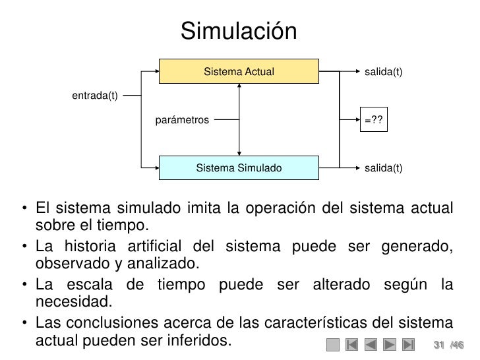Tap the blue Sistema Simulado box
[239, 168]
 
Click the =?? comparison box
[375, 120]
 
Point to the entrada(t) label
[94, 96]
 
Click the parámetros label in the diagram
[182, 121]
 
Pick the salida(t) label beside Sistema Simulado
[383, 168]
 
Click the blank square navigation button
[333, 344]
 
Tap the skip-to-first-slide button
[351, 344]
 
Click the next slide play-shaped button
[390, 344]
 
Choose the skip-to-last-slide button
[409, 344]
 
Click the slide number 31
[438, 344]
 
